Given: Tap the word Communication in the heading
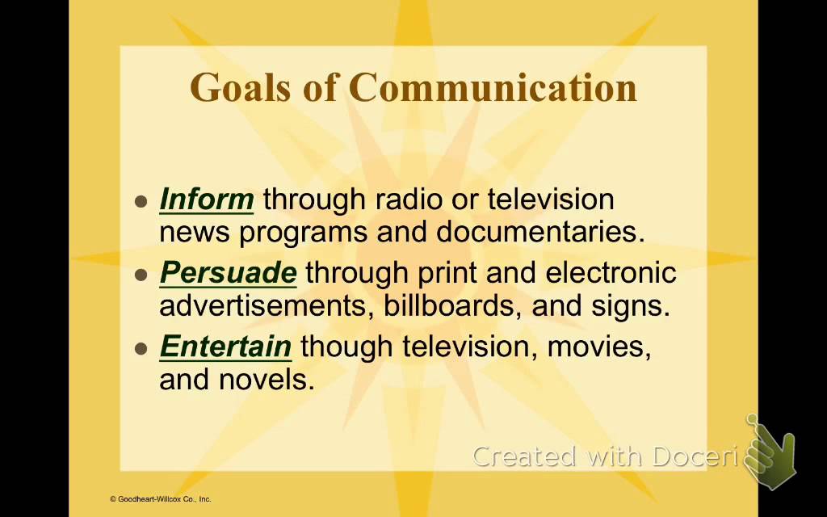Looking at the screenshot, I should pos(493,87).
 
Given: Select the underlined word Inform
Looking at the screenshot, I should pos(207,199).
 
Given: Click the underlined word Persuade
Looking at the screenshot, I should pos(229,273).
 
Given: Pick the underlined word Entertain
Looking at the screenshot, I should pos(225,347).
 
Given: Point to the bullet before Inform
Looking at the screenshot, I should pos(142,201).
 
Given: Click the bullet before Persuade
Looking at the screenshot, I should pos(142,275).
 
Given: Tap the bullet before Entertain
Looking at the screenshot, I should pos(142,349).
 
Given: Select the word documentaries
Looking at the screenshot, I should pos(540,232).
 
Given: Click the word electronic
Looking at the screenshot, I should pos(611,273).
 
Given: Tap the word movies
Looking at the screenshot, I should pos(598,347).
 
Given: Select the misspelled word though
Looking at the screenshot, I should pos(347,347).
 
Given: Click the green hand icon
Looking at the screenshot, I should pos(771,454).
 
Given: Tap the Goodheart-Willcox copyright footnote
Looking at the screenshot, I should pos(160,499).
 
